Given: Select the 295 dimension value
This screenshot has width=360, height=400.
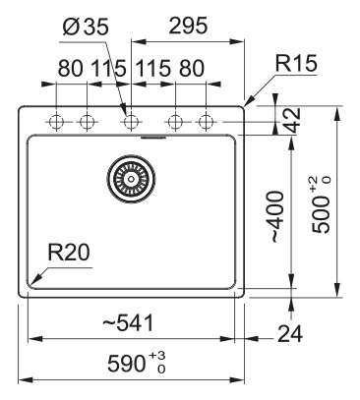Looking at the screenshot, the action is coord(188,26).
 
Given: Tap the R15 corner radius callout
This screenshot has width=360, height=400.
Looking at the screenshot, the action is coord(296,63).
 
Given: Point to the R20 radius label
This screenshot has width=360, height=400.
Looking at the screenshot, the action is coord(69,253).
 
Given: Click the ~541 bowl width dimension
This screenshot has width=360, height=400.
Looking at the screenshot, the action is coord(128,322).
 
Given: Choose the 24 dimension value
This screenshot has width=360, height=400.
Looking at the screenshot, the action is coord(290,334).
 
